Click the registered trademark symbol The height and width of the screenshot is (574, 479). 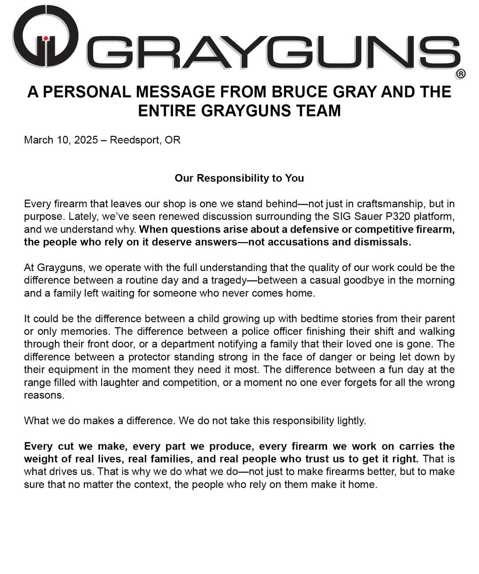click(460, 74)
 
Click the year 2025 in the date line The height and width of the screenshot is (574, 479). click(86, 140)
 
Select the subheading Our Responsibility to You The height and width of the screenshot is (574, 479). click(239, 178)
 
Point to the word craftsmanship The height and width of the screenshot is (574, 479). click(387, 204)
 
